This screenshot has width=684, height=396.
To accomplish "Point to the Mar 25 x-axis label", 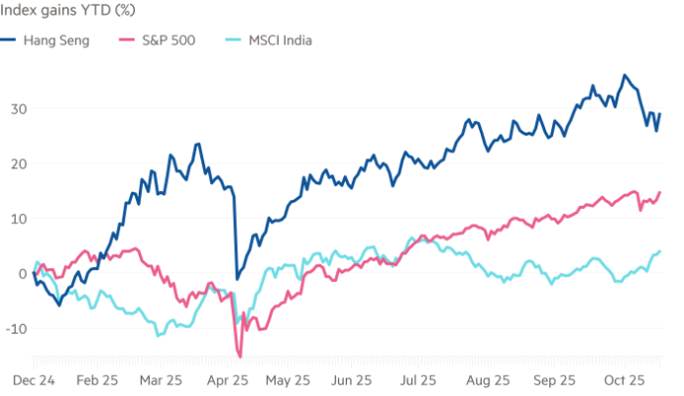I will (162, 379).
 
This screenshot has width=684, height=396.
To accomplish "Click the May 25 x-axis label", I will (290, 379).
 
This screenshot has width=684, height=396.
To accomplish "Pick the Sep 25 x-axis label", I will (553, 379).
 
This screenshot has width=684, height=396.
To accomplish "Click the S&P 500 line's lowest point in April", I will (239, 354).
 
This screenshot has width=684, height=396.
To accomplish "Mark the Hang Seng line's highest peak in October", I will (624, 74).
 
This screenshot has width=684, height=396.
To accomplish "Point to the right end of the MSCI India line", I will (661, 250).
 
